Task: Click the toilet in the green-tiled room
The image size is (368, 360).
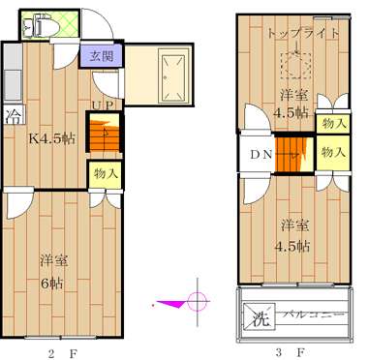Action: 41,26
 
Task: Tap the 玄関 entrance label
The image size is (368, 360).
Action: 102,56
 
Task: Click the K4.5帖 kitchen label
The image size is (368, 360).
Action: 52,138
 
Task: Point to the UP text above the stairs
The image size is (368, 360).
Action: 103,105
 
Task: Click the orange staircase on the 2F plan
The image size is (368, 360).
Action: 104,135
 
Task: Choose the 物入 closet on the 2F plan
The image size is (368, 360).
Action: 105,174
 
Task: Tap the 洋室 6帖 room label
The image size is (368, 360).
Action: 53,272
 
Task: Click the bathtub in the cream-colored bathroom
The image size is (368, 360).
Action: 174,75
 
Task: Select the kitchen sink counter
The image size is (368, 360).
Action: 13,73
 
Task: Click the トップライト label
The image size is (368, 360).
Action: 303,34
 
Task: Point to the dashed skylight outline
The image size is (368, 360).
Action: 296,66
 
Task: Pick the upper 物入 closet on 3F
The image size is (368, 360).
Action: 333,124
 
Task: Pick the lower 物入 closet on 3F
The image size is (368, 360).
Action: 333,152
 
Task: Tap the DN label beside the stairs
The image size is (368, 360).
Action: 261,155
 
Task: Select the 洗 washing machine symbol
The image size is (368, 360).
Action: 260,317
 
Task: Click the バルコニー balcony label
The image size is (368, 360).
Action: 314,314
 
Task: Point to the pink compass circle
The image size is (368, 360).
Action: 197,301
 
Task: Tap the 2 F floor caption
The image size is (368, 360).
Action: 63,353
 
